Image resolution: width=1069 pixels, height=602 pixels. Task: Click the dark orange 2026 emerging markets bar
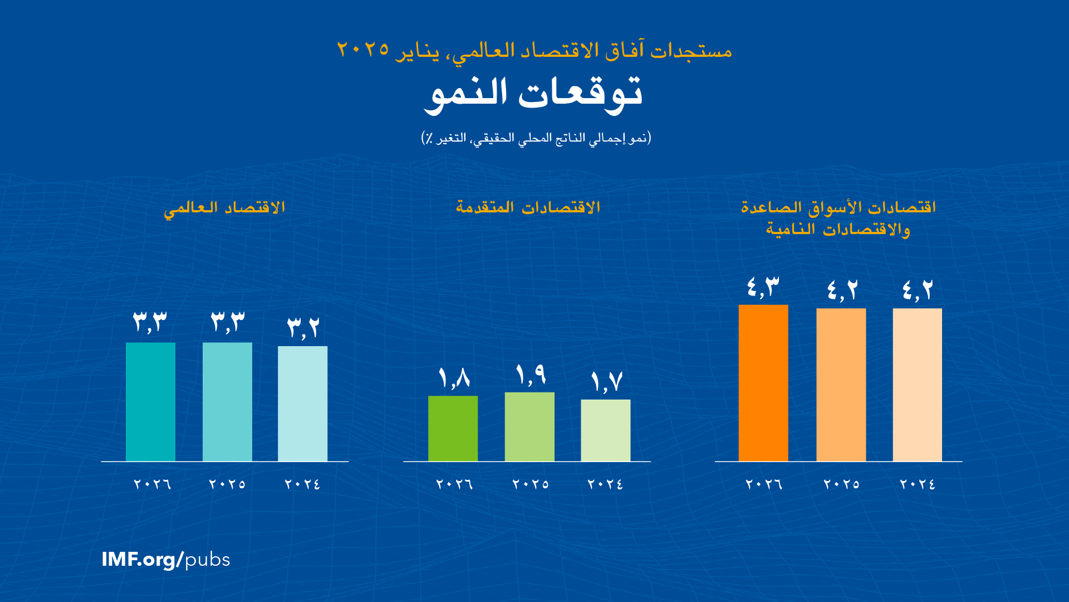[x=763, y=383]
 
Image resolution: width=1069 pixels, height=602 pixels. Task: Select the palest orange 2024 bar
[x=917, y=385]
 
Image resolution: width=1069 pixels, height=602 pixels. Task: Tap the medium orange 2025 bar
[x=841, y=385]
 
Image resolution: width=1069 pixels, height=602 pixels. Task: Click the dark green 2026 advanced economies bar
[x=453, y=428]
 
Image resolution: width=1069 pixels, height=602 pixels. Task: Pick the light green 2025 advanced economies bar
[x=529, y=426]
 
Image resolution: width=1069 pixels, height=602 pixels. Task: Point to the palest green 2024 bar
[x=605, y=430]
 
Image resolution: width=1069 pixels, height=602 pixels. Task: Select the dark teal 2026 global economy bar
[x=150, y=401]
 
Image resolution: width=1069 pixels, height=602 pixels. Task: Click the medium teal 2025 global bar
[x=227, y=401]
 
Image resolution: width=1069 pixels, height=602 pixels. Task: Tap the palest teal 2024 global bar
[x=302, y=404]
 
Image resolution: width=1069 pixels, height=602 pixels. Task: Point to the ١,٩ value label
[x=531, y=375]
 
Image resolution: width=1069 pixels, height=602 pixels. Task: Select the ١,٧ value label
[x=606, y=382]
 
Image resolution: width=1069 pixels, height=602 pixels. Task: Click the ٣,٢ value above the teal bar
[x=303, y=328]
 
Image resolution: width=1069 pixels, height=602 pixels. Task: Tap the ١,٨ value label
[x=454, y=378]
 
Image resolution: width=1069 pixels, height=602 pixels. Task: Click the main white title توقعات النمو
[x=533, y=93]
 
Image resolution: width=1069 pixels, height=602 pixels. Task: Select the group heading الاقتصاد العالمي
[x=224, y=208]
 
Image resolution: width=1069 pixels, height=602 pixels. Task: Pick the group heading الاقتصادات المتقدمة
[x=528, y=207]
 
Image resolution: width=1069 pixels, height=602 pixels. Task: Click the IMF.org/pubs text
[x=166, y=559]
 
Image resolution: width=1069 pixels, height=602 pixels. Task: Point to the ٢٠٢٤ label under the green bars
[x=605, y=484]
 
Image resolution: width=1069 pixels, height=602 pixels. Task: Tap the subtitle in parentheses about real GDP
[x=536, y=138]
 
